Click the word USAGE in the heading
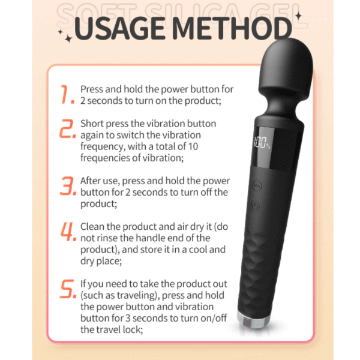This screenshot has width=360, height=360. [x=119, y=28]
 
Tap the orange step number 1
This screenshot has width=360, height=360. [x=68, y=94]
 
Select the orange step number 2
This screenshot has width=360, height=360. [x=67, y=128]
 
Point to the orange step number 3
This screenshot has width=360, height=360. [x=68, y=186]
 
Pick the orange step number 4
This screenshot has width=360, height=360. [x=68, y=232]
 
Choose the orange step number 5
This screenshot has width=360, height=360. [x=68, y=289]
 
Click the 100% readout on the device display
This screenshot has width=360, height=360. [x=262, y=142]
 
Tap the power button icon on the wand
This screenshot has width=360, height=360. [x=255, y=206]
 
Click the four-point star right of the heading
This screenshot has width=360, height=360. [x=298, y=16]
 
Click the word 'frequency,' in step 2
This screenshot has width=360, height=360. [x=103, y=146]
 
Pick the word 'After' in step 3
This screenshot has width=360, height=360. [x=90, y=181]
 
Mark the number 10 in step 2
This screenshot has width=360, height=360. [x=193, y=146]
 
